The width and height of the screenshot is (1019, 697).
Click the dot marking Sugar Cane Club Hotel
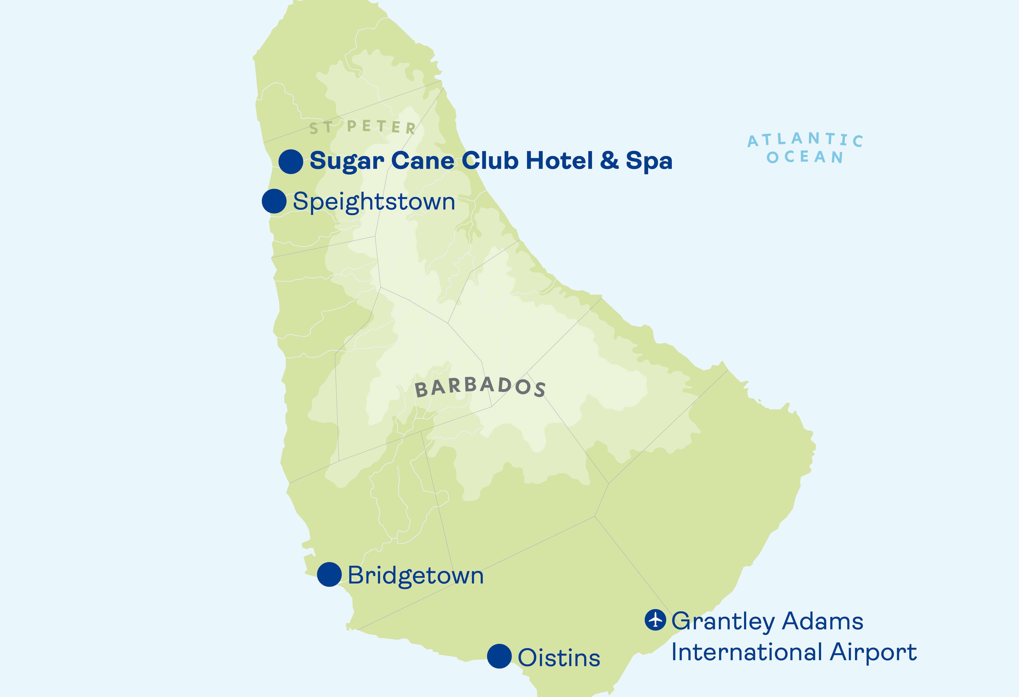291,161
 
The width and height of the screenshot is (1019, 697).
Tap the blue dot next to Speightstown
274,202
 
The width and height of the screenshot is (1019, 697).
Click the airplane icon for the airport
655,620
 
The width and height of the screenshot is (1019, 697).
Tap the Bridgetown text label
416,575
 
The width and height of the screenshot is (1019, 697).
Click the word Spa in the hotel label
649,161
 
